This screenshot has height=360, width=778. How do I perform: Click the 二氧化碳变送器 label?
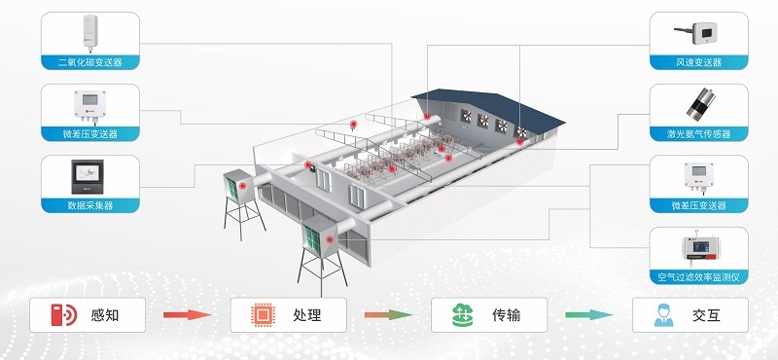coord(90,62)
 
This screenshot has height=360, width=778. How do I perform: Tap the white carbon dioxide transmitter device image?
coord(89,33)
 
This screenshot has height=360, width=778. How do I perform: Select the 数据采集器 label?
coord(90,205)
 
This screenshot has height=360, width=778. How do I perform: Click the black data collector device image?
coord(88,176)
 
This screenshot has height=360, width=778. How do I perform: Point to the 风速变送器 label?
coord(698,62)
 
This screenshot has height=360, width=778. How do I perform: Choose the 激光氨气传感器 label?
coord(698,134)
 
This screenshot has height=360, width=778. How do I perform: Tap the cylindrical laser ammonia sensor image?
coord(699,104)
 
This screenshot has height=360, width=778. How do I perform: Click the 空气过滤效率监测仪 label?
coord(698,277)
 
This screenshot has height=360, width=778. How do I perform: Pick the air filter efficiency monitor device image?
coord(699,248)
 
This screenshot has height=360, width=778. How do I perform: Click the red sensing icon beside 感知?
coord(64,315)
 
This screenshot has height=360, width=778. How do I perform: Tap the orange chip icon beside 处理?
coord(263,315)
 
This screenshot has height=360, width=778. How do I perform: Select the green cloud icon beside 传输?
coord(463,315)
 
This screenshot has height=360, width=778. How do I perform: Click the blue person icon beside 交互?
coord(664,315)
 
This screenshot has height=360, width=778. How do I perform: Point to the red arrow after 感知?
coord(188,314)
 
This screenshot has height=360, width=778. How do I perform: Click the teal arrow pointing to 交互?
coord(589,314)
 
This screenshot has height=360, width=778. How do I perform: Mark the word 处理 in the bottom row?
coord(307,315)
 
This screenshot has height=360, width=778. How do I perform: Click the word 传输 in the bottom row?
coord(506,315)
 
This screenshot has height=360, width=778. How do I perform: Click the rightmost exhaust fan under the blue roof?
coord(521,131)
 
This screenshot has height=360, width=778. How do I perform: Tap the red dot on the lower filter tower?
coord(329,239)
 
